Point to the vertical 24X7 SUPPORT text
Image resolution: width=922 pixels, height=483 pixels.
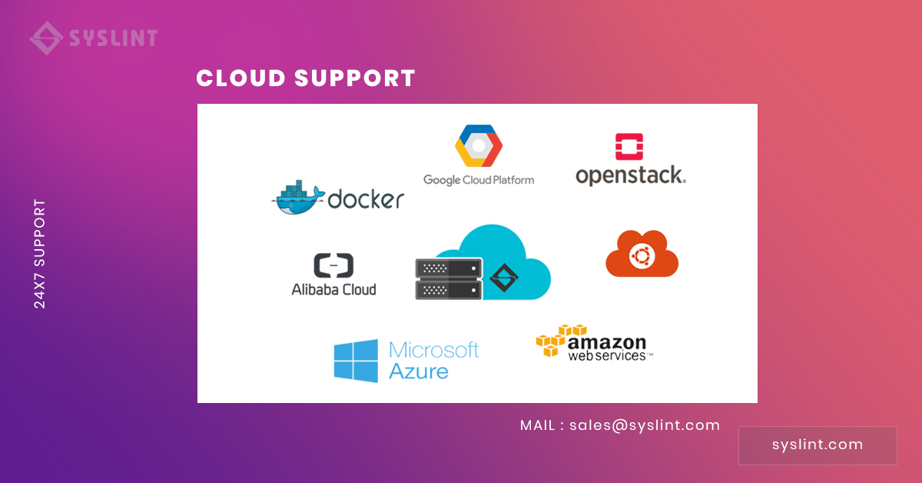pyautogui.click(x=40, y=254)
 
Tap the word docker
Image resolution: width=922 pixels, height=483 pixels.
pyautogui.click(x=366, y=199)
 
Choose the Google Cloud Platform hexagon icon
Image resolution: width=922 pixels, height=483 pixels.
pyautogui.click(x=478, y=145)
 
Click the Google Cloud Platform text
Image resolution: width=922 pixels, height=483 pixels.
pyautogui.click(x=479, y=180)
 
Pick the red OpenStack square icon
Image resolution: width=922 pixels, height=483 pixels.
pyautogui.click(x=629, y=146)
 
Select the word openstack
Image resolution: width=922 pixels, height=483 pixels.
pyautogui.click(x=630, y=175)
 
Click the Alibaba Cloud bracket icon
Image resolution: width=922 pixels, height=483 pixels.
pyautogui.click(x=333, y=265)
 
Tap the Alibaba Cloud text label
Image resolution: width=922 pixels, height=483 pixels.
pyautogui.click(x=333, y=289)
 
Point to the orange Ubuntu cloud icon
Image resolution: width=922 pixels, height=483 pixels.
pyautogui.click(x=642, y=253)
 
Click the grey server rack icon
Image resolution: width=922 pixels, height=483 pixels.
pyautogui.click(x=449, y=278)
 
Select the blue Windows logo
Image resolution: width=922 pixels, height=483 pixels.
pyautogui.click(x=356, y=361)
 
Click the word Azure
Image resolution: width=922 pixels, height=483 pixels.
pyautogui.click(x=419, y=371)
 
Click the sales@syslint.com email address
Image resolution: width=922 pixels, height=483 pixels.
pyautogui.click(x=644, y=425)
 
